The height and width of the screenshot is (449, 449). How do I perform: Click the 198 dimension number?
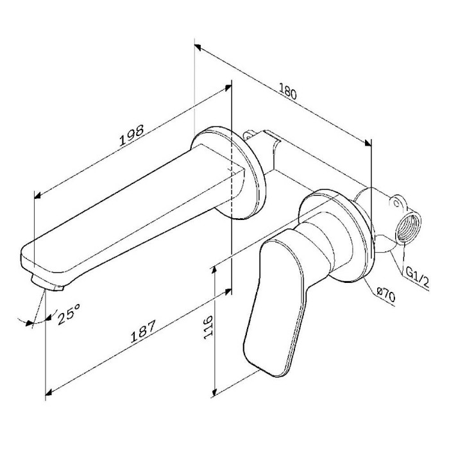131,135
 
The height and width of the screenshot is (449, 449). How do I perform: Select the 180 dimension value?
287,91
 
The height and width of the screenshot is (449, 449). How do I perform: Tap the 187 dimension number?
143,331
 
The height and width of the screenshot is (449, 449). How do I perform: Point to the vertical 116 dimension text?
208,327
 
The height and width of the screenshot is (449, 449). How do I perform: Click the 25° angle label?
69,314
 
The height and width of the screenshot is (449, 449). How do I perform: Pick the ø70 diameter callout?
386,295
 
